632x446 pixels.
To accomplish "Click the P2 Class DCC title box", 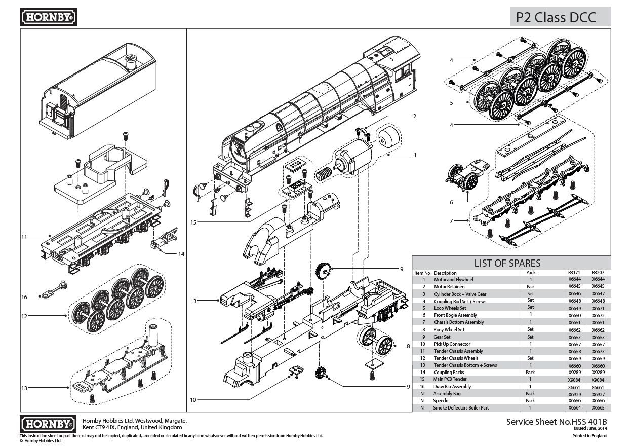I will tap(560, 17).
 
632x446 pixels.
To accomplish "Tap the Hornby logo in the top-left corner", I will tap(49, 17).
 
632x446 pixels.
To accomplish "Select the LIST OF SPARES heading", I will tap(507, 263).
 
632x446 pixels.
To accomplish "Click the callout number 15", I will tap(193, 222).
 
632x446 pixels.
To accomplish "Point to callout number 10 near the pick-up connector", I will tap(193, 399).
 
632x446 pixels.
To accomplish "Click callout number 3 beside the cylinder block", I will tap(195, 301).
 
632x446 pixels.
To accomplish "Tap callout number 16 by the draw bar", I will tap(24, 297).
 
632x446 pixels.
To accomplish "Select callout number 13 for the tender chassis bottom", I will tap(24, 388).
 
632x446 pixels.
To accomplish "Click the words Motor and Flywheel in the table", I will tap(453, 279).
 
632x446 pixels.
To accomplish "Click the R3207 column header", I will tap(598, 272).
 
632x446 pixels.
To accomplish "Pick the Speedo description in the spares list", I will tap(441, 400).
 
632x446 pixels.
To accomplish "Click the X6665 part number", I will tap(598, 407).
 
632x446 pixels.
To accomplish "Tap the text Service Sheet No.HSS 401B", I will tap(556, 422).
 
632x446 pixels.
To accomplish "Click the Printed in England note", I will tap(589, 435).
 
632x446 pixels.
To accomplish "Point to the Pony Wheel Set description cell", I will tap(449, 329).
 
